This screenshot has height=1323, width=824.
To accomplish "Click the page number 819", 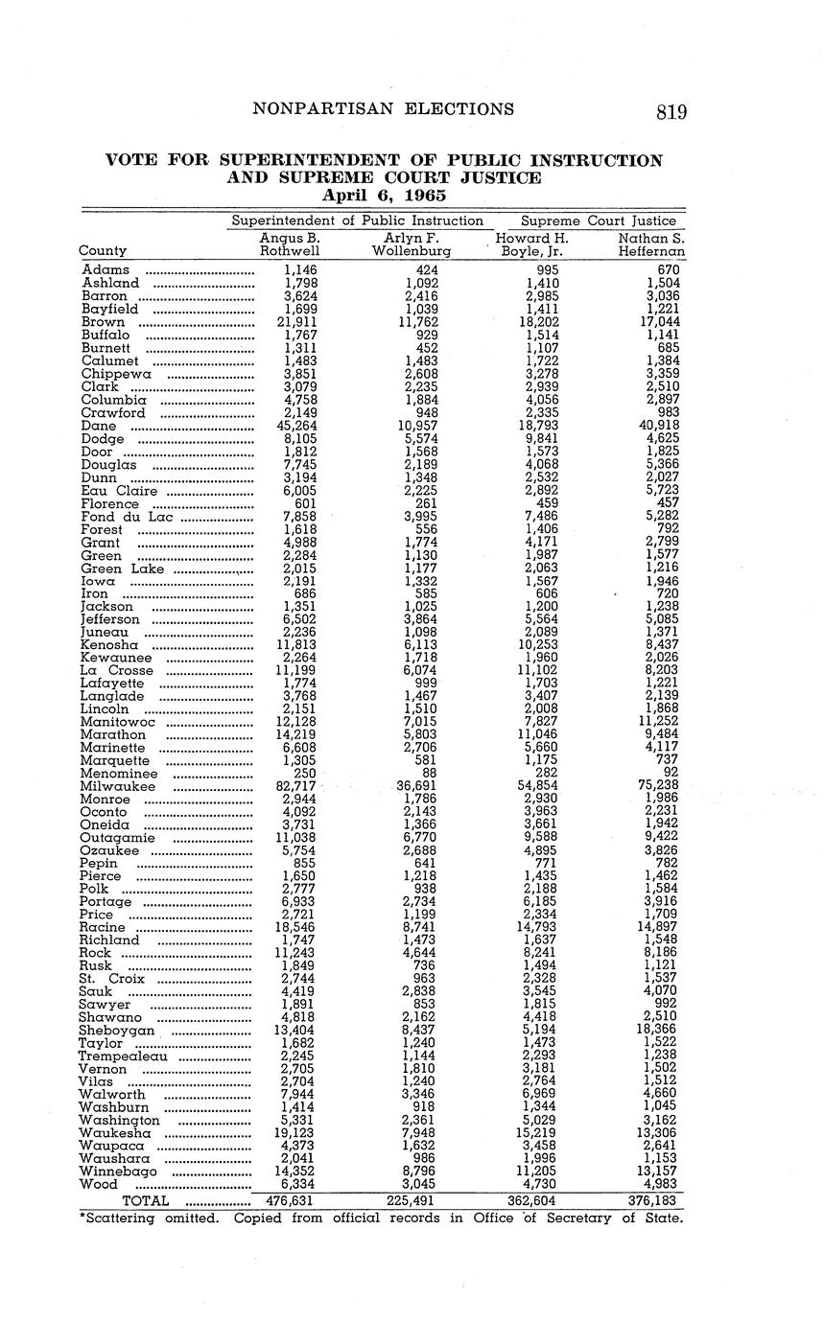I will (671, 112).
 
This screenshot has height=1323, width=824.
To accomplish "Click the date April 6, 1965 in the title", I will (384, 195).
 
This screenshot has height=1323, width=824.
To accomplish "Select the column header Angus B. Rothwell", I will (290, 244).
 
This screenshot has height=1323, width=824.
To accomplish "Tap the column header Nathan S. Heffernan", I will (651, 244).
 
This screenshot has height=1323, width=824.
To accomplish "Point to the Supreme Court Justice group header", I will (598, 220).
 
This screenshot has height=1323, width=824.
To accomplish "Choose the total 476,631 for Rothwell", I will (290, 1200).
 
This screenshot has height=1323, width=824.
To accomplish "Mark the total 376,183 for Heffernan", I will (650, 1200).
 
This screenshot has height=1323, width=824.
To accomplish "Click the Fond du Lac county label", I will (127, 517).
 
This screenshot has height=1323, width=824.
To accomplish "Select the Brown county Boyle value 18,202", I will (532, 322).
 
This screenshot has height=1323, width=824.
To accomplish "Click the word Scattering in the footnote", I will (120, 1219).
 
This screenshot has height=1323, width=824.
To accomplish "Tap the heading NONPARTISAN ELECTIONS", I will (383, 109).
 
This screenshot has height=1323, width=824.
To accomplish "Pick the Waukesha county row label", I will (115, 1133).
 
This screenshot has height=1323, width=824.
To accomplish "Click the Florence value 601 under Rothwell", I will (302, 503).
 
